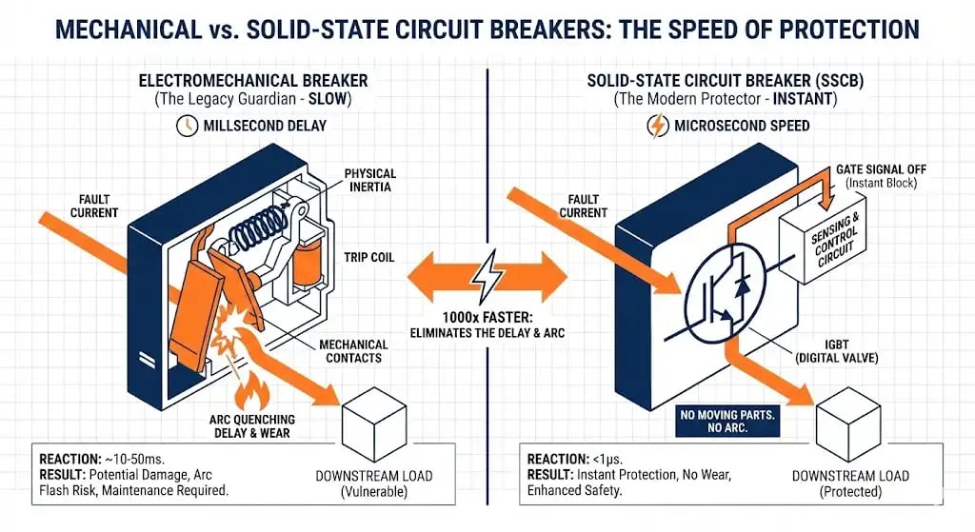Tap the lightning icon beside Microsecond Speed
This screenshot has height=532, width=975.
[x=656, y=126]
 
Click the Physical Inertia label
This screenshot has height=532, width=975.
[x=370, y=181]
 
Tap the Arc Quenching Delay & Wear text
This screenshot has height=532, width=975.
[x=251, y=425]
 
